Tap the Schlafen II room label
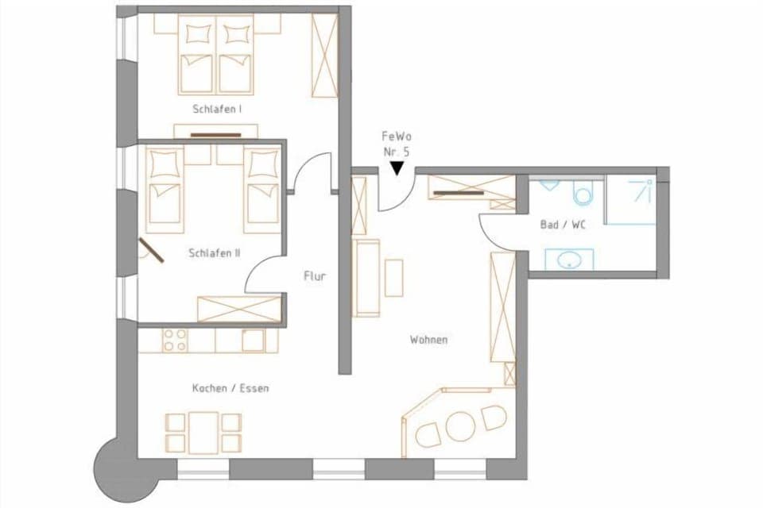point(215,254)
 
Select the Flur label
point(315,277)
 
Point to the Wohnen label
point(428,340)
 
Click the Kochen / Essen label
point(230,389)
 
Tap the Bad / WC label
point(563,225)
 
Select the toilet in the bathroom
point(583,193)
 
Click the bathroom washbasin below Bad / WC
point(568,260)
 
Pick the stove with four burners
point(175,341)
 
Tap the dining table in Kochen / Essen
point(203,433)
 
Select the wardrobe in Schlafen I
point(324,55)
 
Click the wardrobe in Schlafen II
point(238,308)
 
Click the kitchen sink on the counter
point(253,341)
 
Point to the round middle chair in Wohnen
point(459,425)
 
